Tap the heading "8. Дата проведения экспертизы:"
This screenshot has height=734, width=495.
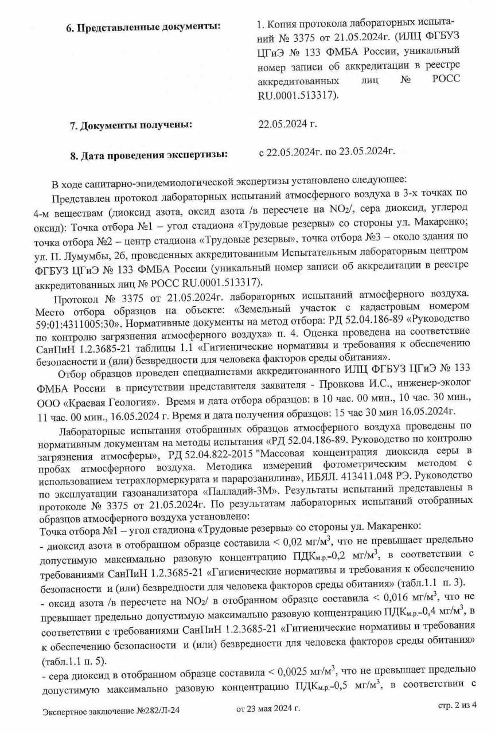[x=148, y=155]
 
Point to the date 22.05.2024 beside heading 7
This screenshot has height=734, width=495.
[x=288, y=123]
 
